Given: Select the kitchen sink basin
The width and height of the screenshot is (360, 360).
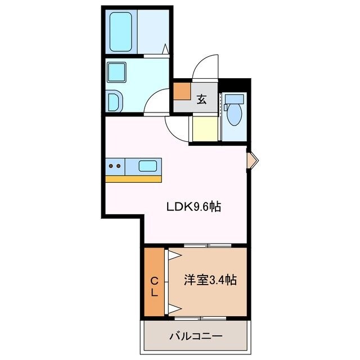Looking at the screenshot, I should pos(148,166).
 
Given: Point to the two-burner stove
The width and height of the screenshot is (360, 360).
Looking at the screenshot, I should pos(115,166).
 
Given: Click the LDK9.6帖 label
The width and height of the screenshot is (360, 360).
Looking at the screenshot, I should pos(192,206).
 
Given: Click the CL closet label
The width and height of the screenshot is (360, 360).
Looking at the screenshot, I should pos(154,286).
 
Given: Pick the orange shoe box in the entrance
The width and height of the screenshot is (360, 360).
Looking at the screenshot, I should pos(182,91).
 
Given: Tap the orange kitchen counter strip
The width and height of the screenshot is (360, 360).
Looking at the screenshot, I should pos(133,179).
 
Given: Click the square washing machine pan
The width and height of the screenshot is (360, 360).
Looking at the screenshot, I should pos(118,73).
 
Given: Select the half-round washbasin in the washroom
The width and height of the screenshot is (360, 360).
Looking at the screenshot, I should pos(112,102).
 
